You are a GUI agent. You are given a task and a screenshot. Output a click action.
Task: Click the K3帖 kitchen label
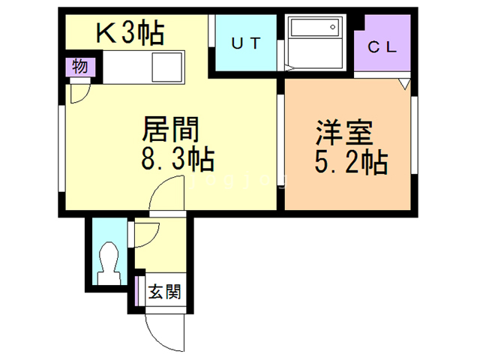[x=129, y=33]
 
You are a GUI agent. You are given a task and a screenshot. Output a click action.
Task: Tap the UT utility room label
[x=245, y=44]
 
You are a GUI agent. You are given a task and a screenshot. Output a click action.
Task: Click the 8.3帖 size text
[x=178, y=160]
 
